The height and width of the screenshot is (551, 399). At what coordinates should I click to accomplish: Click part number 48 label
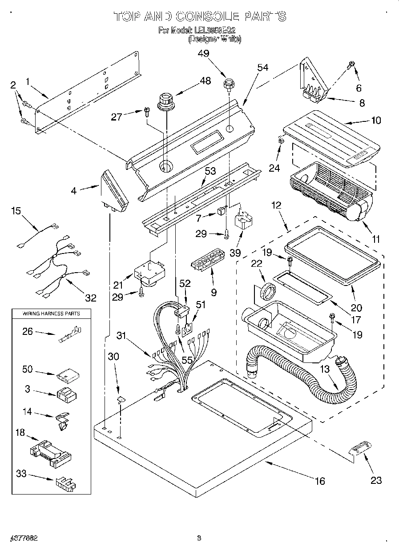tap(205, 80)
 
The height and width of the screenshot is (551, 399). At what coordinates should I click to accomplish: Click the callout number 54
tap(263, 68)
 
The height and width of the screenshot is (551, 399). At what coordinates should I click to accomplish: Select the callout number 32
tap(91, 298)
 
